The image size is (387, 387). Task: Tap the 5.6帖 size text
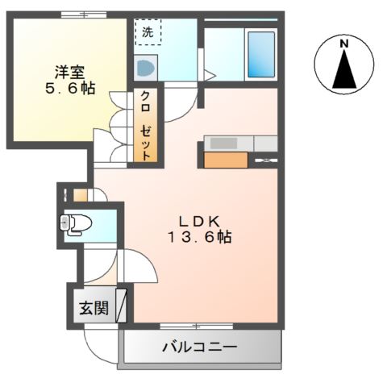point(70,88)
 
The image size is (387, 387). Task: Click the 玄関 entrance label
point(94,308)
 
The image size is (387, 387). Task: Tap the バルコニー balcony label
point(199,348)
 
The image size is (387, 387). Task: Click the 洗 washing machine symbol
point(148,33)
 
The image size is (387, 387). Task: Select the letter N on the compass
point(344,43)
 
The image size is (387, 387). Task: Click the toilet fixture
point(77,222)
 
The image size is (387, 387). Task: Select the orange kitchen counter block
point(226,160)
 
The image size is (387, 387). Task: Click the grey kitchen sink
point(223,143)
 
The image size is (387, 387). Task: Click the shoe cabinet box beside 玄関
point(122,306)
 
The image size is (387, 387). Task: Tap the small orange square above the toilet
point(79,194)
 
